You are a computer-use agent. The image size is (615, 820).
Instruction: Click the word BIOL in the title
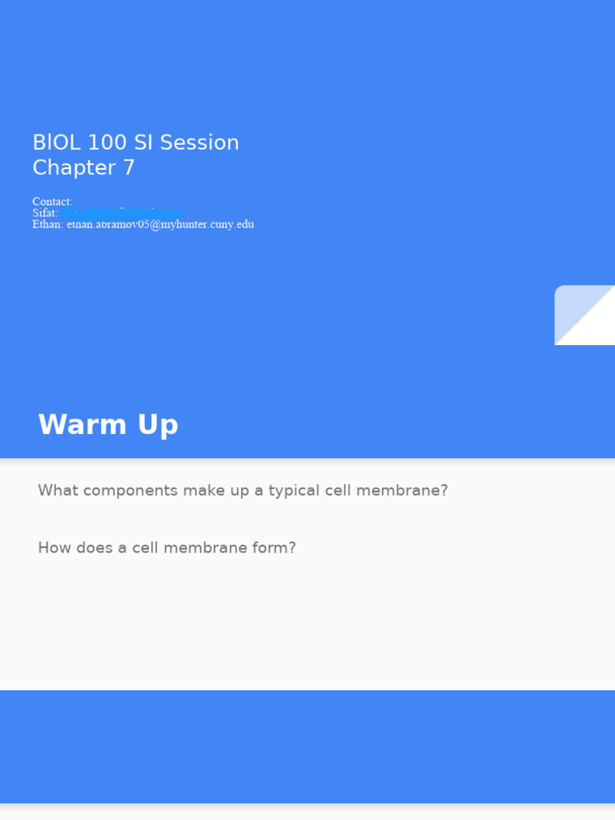56,143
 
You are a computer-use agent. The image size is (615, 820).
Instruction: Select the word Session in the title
199,143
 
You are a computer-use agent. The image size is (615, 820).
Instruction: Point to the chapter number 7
129,168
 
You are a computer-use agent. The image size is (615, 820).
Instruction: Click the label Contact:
52,202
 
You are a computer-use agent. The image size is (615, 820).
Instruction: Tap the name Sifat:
45,213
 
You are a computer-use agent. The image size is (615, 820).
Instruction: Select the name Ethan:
47,224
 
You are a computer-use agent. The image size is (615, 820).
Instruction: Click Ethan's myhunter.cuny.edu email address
160,224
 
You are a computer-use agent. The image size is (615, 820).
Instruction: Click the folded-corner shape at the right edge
585,315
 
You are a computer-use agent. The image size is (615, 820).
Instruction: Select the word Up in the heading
158,424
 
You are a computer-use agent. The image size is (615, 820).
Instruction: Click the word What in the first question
56,490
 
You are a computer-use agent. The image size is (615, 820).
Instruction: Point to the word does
90,548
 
